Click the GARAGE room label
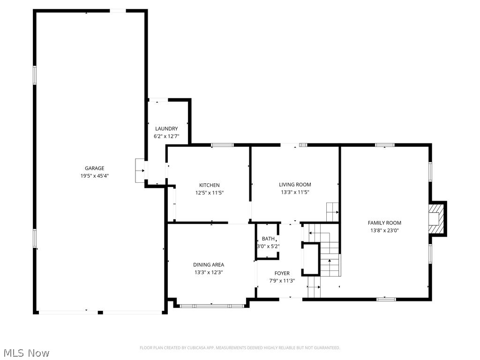click(x=94, y=168)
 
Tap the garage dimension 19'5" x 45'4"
click(x=94, y=176)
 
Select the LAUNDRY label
click(x=166, y=129)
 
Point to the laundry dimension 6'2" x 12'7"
click(x=166, y=136)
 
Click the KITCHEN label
click(x=209, y=185)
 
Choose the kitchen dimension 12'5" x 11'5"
click(x=209, y=193)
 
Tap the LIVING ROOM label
click(x=295, y=185)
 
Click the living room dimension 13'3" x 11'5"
click(x=295, y=192)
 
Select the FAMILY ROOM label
click(x=384, y=223)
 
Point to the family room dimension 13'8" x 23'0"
click(x=384, y=231)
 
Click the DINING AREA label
click(x=209, y=265)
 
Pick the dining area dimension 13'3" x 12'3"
click(x=209, y=272)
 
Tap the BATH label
click(x=268, y=239)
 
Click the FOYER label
click(x=282, y=273)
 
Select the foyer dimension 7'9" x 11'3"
click(x=282, y=281)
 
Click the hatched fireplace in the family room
click(x=436, y=218)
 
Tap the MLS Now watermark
click(x=26, y=352)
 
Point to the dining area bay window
click(x=211, y=306)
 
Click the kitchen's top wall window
click(x=222, y=145)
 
